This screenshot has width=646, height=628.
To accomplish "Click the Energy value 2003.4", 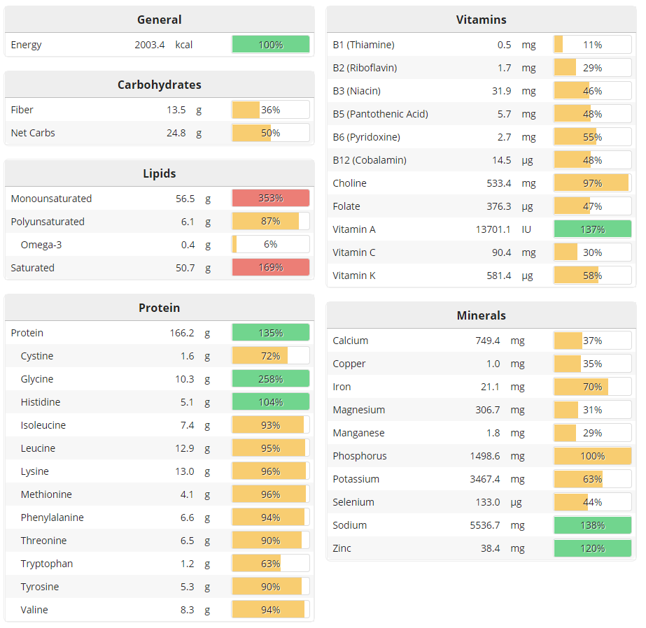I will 150,45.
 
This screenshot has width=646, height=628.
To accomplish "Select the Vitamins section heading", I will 481,20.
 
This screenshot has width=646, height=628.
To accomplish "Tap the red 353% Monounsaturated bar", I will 270,199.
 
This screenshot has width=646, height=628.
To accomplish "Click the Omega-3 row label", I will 41,245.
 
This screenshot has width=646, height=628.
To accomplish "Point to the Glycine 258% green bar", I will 270,379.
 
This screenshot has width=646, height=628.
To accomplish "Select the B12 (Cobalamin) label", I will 370,160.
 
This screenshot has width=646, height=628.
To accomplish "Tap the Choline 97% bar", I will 592,183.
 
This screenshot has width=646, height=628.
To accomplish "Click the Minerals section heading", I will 481,315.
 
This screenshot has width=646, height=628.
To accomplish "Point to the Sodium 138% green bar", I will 592,525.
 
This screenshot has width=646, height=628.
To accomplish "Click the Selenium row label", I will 353,502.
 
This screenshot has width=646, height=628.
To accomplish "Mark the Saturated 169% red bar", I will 270,268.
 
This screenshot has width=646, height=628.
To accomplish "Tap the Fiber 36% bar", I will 270,110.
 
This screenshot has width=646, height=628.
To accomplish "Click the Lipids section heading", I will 160,173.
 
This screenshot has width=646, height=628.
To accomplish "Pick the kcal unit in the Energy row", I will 184,45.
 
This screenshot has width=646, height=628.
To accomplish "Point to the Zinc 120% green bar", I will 592,548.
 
